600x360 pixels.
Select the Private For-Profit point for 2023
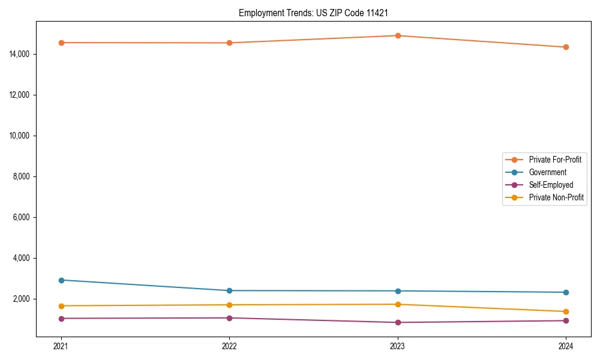pyautogui.click(x=398, y=35)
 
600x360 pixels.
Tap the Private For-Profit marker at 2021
pyautogui.click(x=61, y=43)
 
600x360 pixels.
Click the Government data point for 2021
pyautogui.click(x=61, y=280)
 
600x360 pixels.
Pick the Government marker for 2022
pyautogui.click(x=229, y=290)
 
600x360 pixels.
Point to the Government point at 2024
pyautogui.click(x=566, y=292)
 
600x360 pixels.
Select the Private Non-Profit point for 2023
pyautogui.click(x=398, y=304)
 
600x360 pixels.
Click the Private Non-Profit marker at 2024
pyautogui.click(x=566, y=311)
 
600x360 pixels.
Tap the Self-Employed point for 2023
pyautogui.click(x=398, y=322)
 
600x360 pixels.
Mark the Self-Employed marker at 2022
pyautogui.click(x=229, y=318)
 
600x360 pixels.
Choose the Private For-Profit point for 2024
pyautogui.click(x=566, y=47)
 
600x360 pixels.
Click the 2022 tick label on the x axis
pyautogui.click(x=229, y=346)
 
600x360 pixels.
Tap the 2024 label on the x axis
pyautogui.click(x=566, y=346)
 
